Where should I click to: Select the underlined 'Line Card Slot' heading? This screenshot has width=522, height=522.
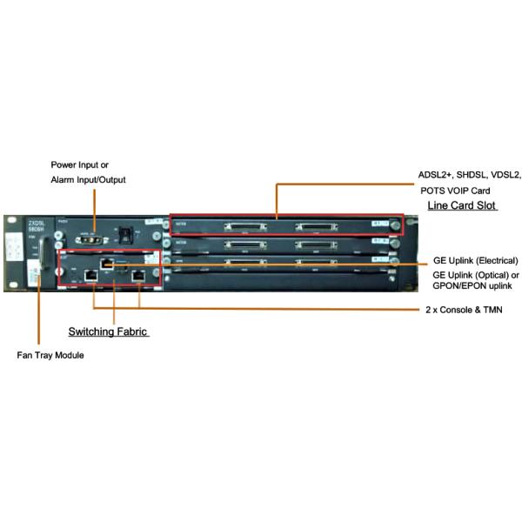461,204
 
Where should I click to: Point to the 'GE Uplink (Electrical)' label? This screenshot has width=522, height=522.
475,260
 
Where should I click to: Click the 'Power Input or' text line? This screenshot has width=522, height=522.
80,164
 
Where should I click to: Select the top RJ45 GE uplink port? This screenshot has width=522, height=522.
105,260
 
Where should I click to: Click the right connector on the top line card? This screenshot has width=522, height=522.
316,227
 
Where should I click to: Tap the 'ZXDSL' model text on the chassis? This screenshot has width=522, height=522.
21,222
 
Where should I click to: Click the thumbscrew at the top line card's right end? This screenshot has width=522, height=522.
397,227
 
